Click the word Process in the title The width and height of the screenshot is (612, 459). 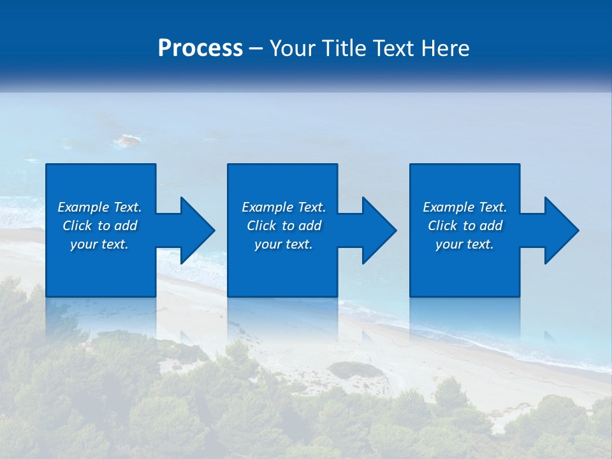[200, 48]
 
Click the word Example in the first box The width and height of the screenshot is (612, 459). [84, 207]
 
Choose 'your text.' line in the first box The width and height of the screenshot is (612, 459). [99, 244]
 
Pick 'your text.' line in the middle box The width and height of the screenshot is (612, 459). [283, 244]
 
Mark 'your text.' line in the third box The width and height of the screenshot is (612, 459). [465, 244]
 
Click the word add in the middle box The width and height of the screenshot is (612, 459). [310, 226]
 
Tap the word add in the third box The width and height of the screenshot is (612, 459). [491, 226]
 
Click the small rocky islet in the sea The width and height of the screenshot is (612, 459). [127, 140]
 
